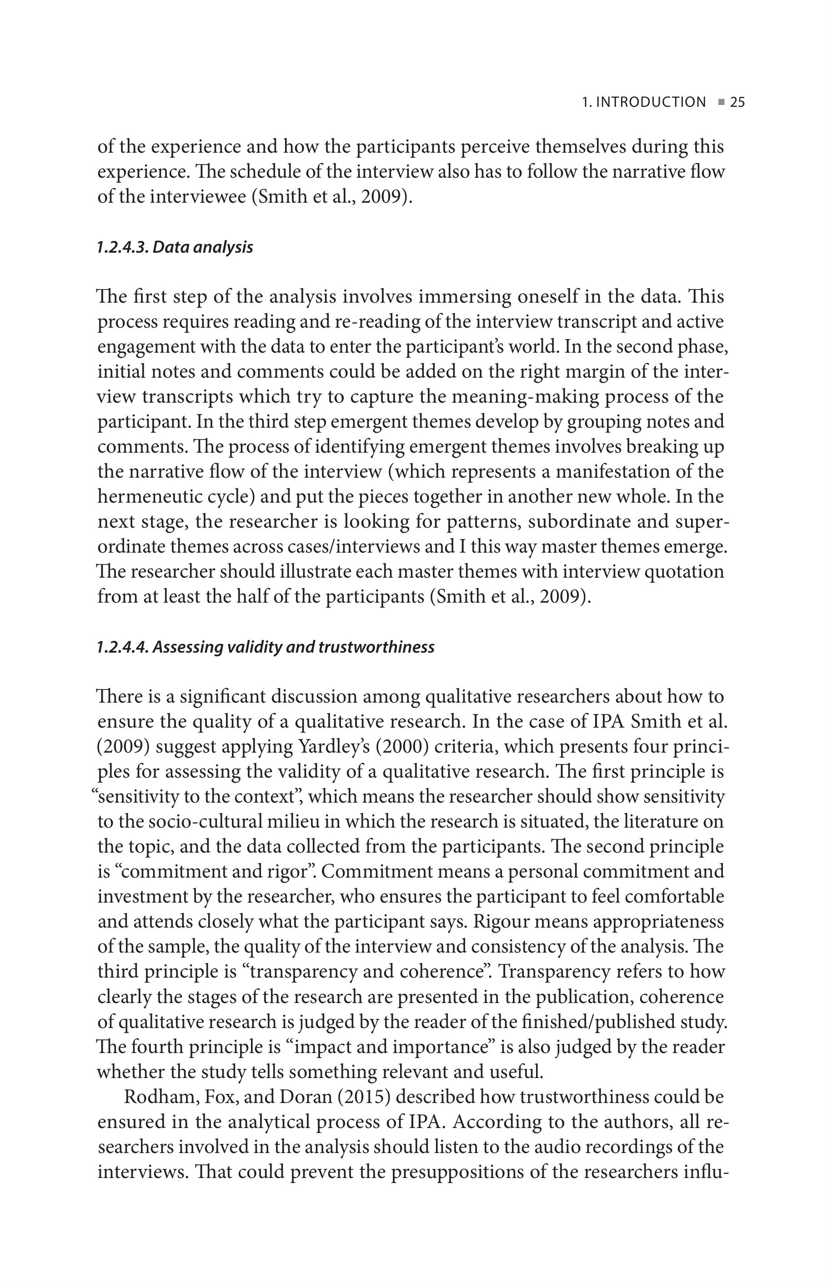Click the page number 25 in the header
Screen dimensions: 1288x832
[x=737, y=102]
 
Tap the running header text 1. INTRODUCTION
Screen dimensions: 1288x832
[x=643, y=102]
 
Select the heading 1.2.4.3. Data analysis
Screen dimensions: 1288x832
[x=175, y=247]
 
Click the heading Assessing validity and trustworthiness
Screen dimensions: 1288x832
[x=293, y=647]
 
